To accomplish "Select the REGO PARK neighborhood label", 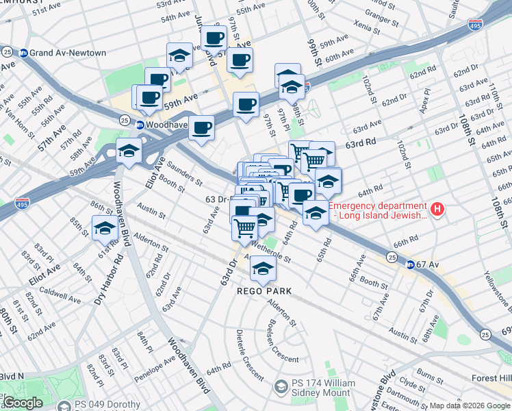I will click(x=264, y=291).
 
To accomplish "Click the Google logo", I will click(x=22, y=403).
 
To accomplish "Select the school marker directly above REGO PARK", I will click(x=261, y=270).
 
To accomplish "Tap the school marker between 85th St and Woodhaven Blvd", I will click(x=104, y=228).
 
